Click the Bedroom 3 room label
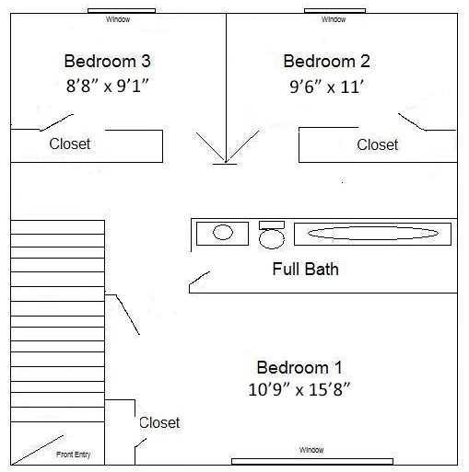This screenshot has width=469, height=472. coord(107,61)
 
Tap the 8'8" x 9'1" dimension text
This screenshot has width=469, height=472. coord(108,86)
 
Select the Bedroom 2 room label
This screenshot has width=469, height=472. coord(326,61)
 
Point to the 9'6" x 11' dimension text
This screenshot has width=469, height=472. coord(327,86)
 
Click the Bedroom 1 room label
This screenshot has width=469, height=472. coord(299,367)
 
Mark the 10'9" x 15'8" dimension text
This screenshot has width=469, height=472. coord(299,389)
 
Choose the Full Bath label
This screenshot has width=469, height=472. coord(306,269)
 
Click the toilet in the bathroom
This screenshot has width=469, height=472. coord(272,235)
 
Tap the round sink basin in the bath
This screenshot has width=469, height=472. coord(223,232)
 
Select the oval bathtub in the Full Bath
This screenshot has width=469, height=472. coord(373,234)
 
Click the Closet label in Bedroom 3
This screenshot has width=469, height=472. coord(70,144)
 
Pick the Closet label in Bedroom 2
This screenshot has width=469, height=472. coord(378,144)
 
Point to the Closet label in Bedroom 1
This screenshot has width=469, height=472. coord(159,422)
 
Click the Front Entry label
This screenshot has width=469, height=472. coord(74,455)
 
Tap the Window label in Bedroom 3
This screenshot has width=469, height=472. coord(118,19)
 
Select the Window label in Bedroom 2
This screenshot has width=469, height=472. coord(334,19)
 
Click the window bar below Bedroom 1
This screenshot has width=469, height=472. coord(312,462)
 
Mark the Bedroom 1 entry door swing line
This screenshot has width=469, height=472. coord(128,315)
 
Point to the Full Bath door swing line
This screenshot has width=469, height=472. coord(200,278)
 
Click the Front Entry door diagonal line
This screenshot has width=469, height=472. coord(38,450)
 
